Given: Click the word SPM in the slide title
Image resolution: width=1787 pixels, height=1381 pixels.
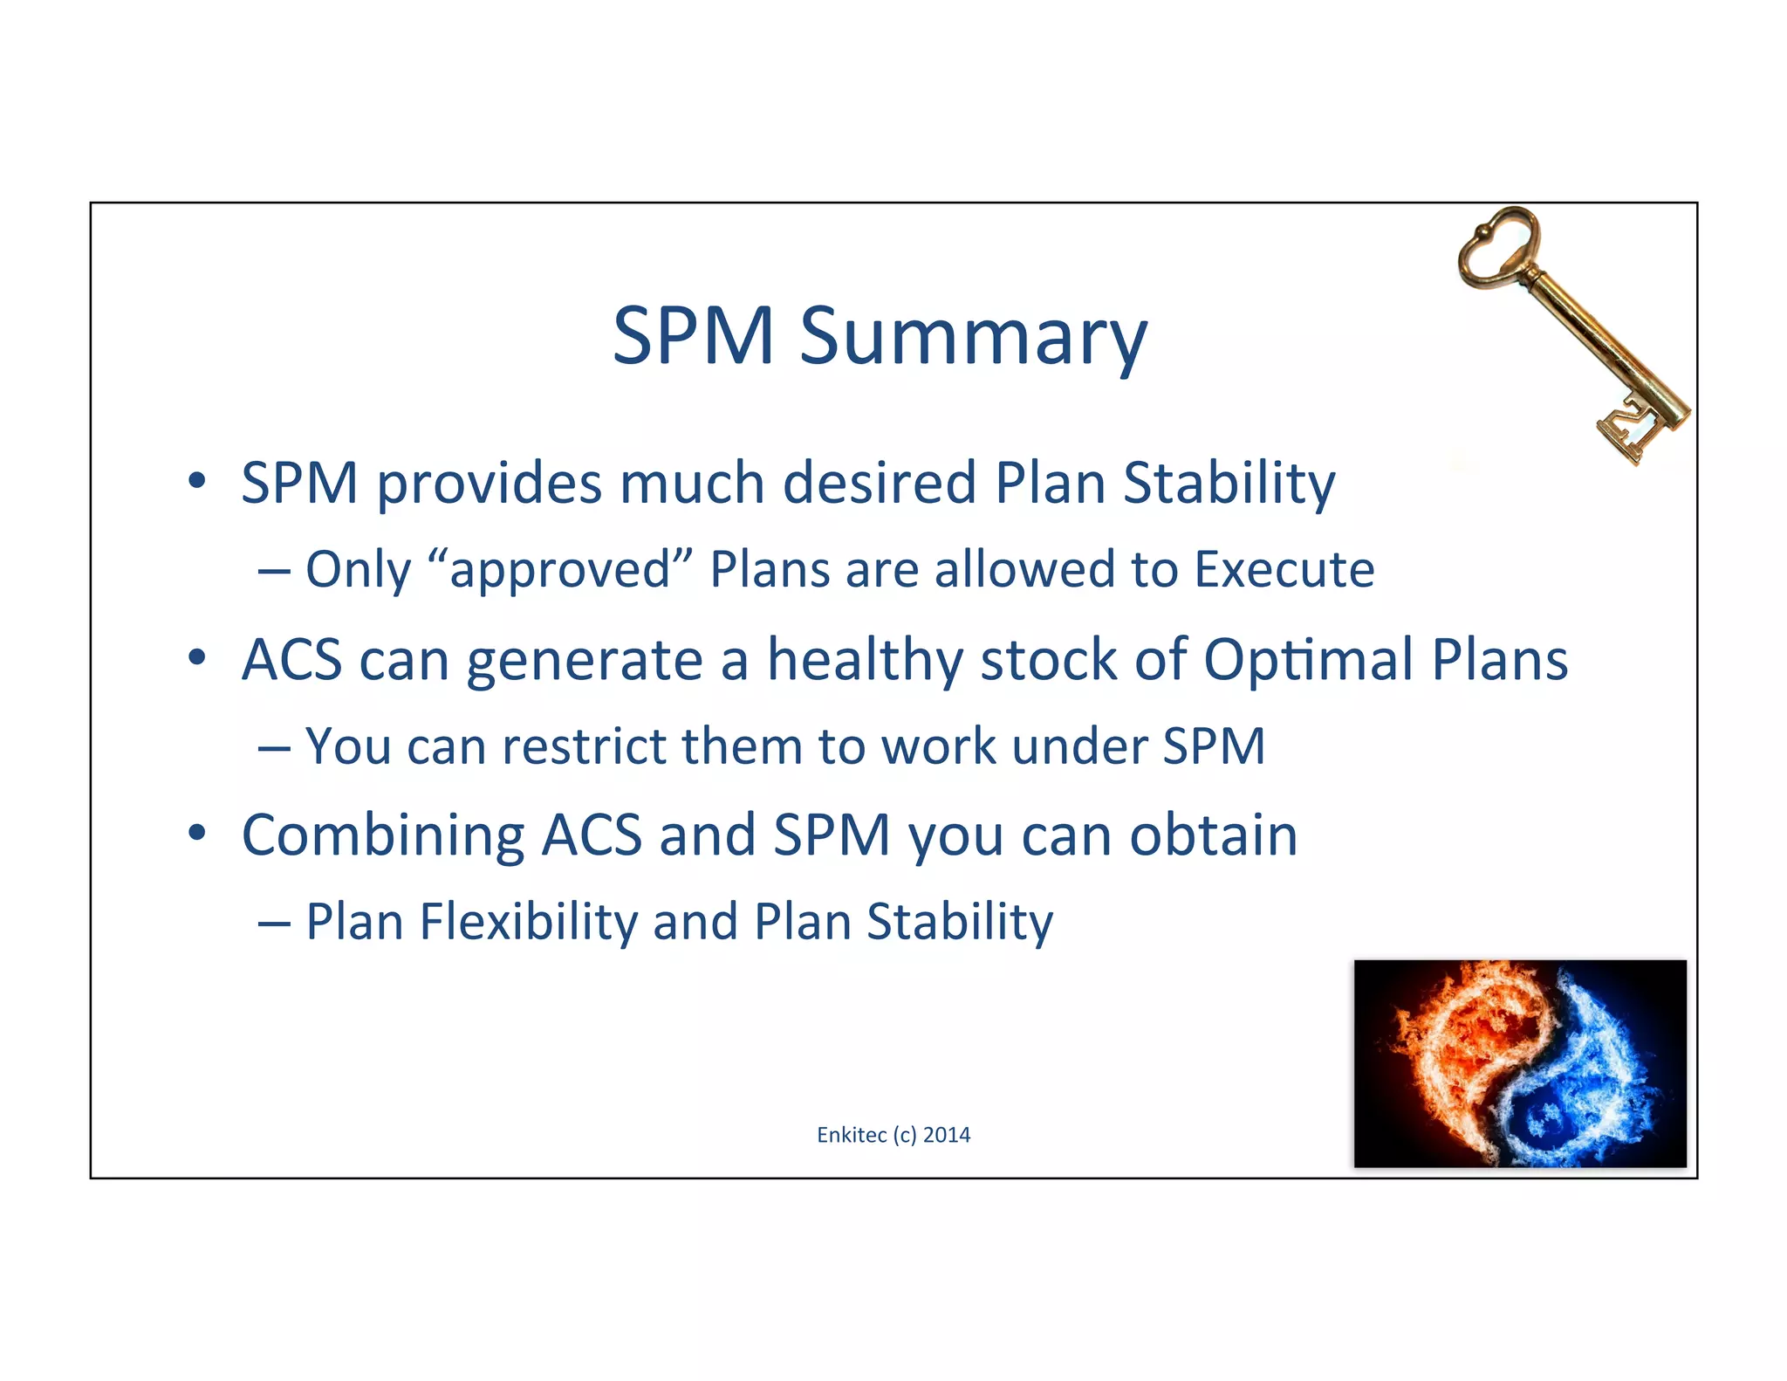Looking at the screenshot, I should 693,336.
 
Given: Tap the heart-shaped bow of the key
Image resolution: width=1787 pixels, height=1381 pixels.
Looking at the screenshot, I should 1495,248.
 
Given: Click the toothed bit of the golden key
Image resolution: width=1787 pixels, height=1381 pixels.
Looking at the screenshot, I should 1630,433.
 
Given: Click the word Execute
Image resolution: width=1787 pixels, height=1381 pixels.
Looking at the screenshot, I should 1284,570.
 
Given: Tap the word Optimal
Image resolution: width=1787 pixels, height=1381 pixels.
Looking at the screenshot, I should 1309,660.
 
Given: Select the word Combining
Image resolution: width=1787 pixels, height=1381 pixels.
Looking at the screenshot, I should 382,835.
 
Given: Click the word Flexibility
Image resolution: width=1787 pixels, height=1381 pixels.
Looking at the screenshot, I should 529,923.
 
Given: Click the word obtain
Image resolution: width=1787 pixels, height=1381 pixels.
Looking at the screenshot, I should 1213,835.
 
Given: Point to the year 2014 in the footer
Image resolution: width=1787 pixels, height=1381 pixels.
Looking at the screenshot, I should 947,1135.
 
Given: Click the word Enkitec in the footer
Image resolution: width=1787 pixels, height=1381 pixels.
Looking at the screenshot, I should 852,1135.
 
